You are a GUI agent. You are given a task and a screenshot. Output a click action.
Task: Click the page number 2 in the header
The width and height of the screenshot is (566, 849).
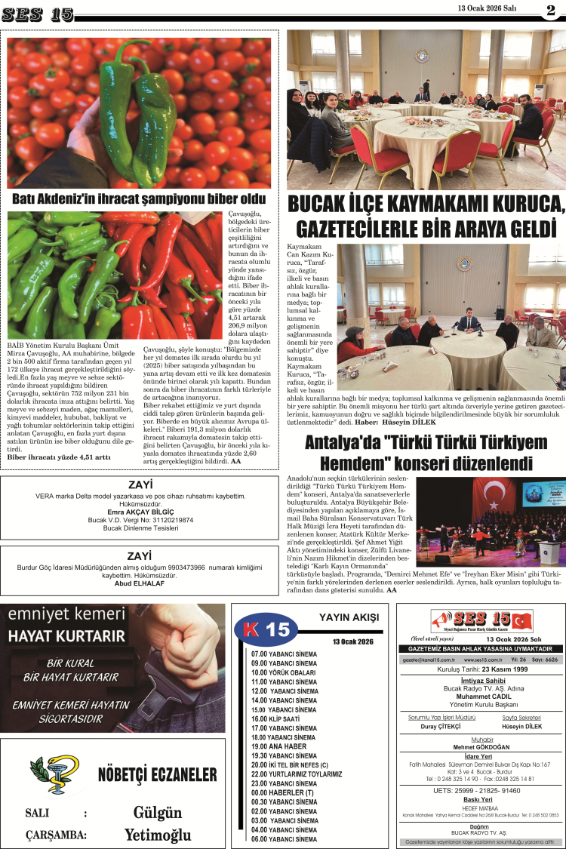(551, 10)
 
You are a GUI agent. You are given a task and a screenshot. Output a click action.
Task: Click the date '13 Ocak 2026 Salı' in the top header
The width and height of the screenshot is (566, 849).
(487, 8)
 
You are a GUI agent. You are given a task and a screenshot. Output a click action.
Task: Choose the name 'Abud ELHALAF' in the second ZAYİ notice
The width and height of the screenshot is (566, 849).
(140, 583)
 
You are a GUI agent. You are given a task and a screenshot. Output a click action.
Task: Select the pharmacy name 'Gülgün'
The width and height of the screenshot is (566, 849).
(158, 813)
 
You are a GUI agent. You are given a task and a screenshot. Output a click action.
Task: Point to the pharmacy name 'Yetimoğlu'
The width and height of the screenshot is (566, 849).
(158, 835)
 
